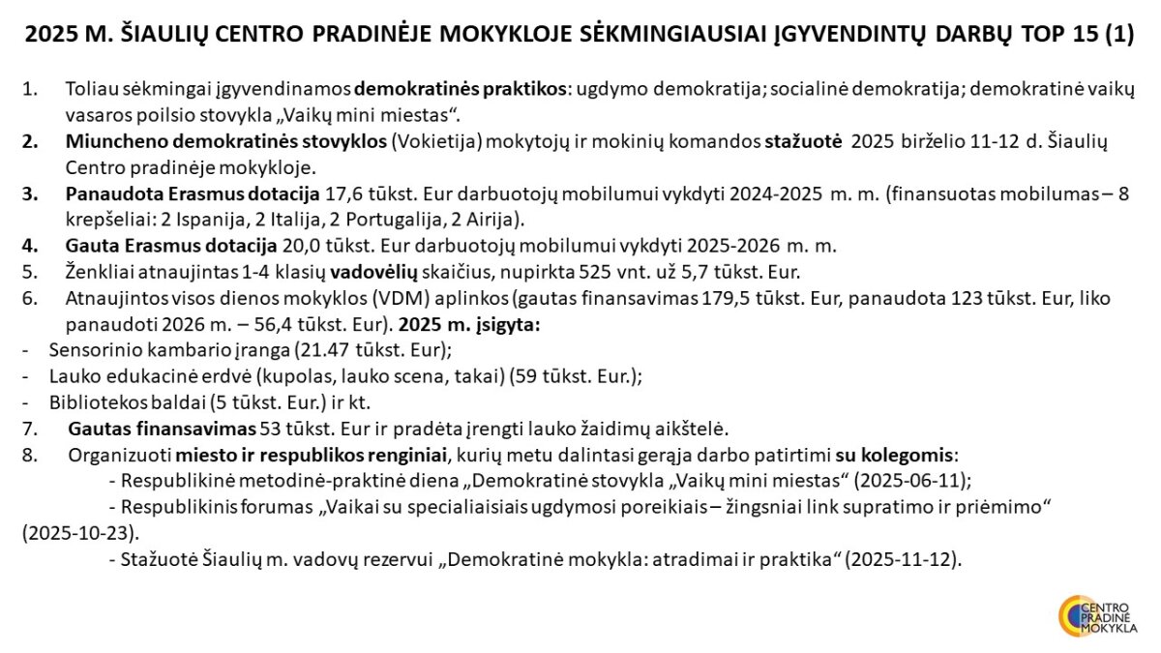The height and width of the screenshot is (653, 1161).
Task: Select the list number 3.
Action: (31, 193)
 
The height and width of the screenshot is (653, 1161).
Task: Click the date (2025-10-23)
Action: (81, 532)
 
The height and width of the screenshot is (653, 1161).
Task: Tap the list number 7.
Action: (31, 428)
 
